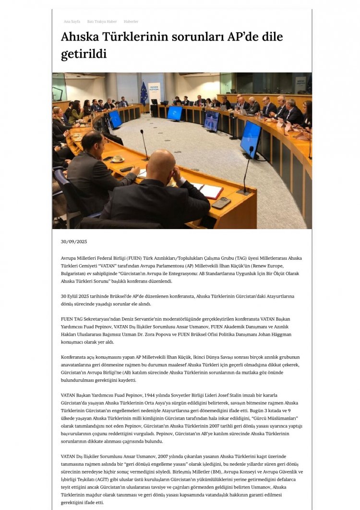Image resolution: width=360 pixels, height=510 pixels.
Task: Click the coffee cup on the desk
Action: coord(117,159)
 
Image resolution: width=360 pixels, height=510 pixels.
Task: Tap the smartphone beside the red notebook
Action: coord(221,203)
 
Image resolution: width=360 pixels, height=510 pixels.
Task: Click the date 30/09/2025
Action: coord(74,241)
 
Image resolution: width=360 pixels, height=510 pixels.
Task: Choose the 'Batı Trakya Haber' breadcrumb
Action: coord(102,22)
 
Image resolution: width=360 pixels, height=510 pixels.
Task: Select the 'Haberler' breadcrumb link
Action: coord(131,22)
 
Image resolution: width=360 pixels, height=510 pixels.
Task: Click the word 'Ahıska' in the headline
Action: coord(81,37)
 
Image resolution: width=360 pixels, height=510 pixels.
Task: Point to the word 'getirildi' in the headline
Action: coord(84,54)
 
